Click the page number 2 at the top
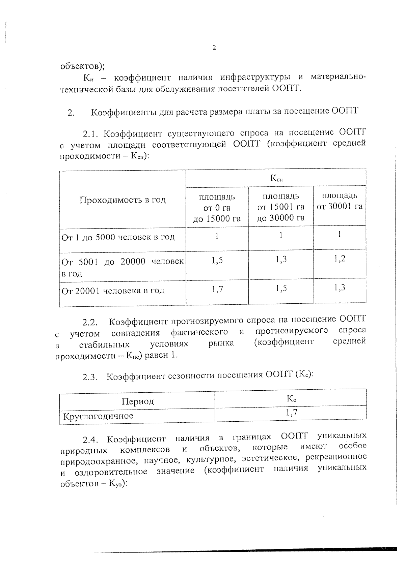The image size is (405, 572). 214,48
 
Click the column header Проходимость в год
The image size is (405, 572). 123,200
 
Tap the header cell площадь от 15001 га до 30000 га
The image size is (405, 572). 280,207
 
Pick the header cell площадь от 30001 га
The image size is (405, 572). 340,201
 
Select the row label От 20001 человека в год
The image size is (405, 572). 113,291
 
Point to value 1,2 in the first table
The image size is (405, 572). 340,259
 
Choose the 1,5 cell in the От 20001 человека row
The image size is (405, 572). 281,289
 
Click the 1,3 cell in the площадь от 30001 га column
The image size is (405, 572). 340,288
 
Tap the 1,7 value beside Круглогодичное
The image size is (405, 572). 291,412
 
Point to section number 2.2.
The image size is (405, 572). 90,323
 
